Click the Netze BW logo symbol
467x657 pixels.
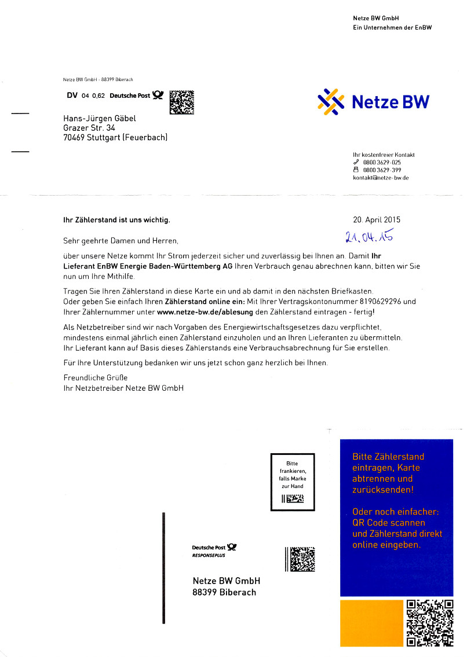tap(331, 102)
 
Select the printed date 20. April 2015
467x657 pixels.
tap(376, 220)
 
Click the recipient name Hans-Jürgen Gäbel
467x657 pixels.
tap(100, 118)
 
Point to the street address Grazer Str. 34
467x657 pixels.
tap(85, 127)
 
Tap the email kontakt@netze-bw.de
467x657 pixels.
tap(381, 178)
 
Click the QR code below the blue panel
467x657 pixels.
tap(429, 623)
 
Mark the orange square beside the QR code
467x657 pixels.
tap(371, 623)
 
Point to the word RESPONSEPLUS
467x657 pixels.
tap(209, 556)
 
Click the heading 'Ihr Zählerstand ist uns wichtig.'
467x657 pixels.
tap(116, 220)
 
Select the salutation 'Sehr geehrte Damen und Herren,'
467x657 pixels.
tap(121, 240)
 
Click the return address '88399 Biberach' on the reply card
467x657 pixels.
tap(224, 592)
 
